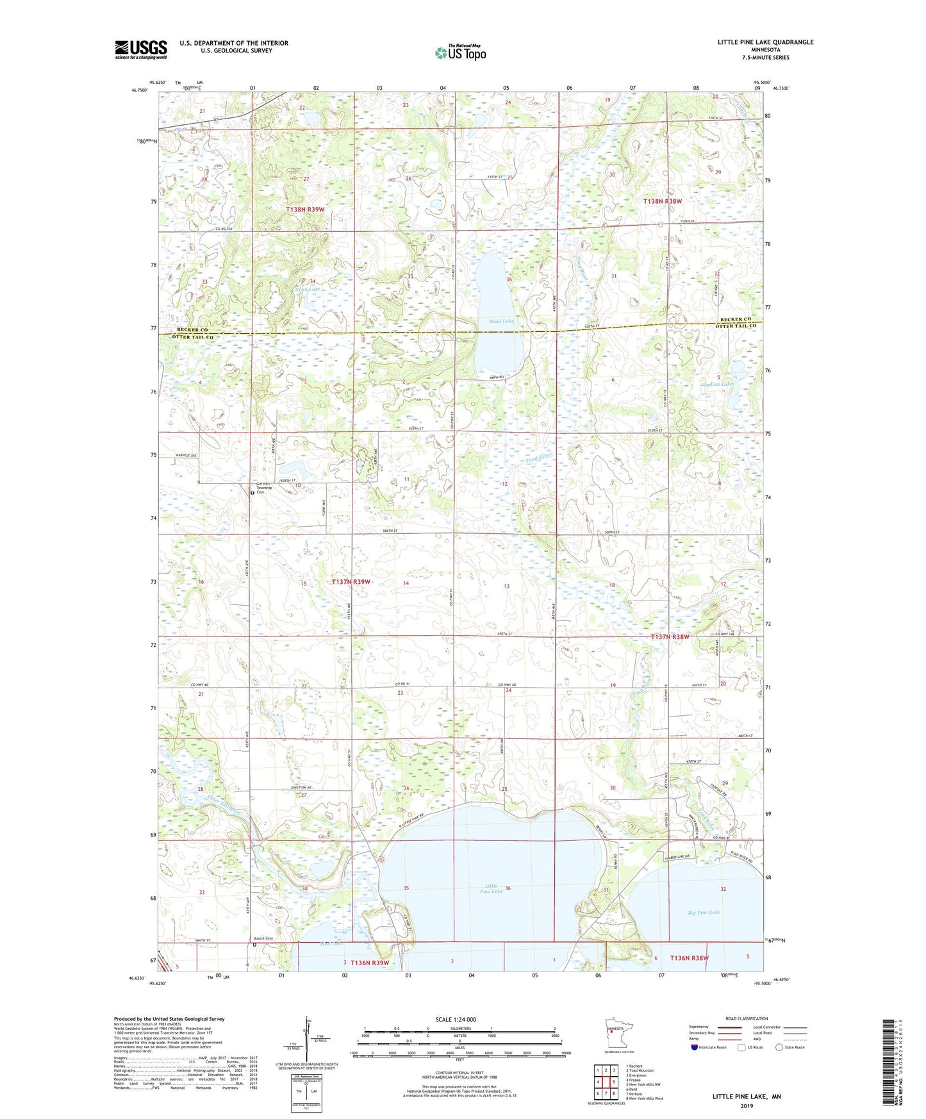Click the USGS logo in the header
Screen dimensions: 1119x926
(x=141, y=49)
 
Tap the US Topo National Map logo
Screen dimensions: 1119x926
(x=460, y=53)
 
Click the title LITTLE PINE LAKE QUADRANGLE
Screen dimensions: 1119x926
(x=765, y=42)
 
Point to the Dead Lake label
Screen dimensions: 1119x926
(x=501, y=321)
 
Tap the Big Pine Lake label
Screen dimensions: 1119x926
(x=704, y=912)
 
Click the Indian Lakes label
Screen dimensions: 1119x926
(x=719, y=384)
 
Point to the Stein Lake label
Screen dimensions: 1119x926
(x=290, y=289)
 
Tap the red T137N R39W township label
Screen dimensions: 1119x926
(x=351, y=581)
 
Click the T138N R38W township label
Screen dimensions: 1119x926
(x=663, y=201)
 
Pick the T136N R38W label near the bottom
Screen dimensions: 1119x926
(x=690, y=957)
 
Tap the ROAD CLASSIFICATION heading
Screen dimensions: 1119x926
(x=747, y=1018)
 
